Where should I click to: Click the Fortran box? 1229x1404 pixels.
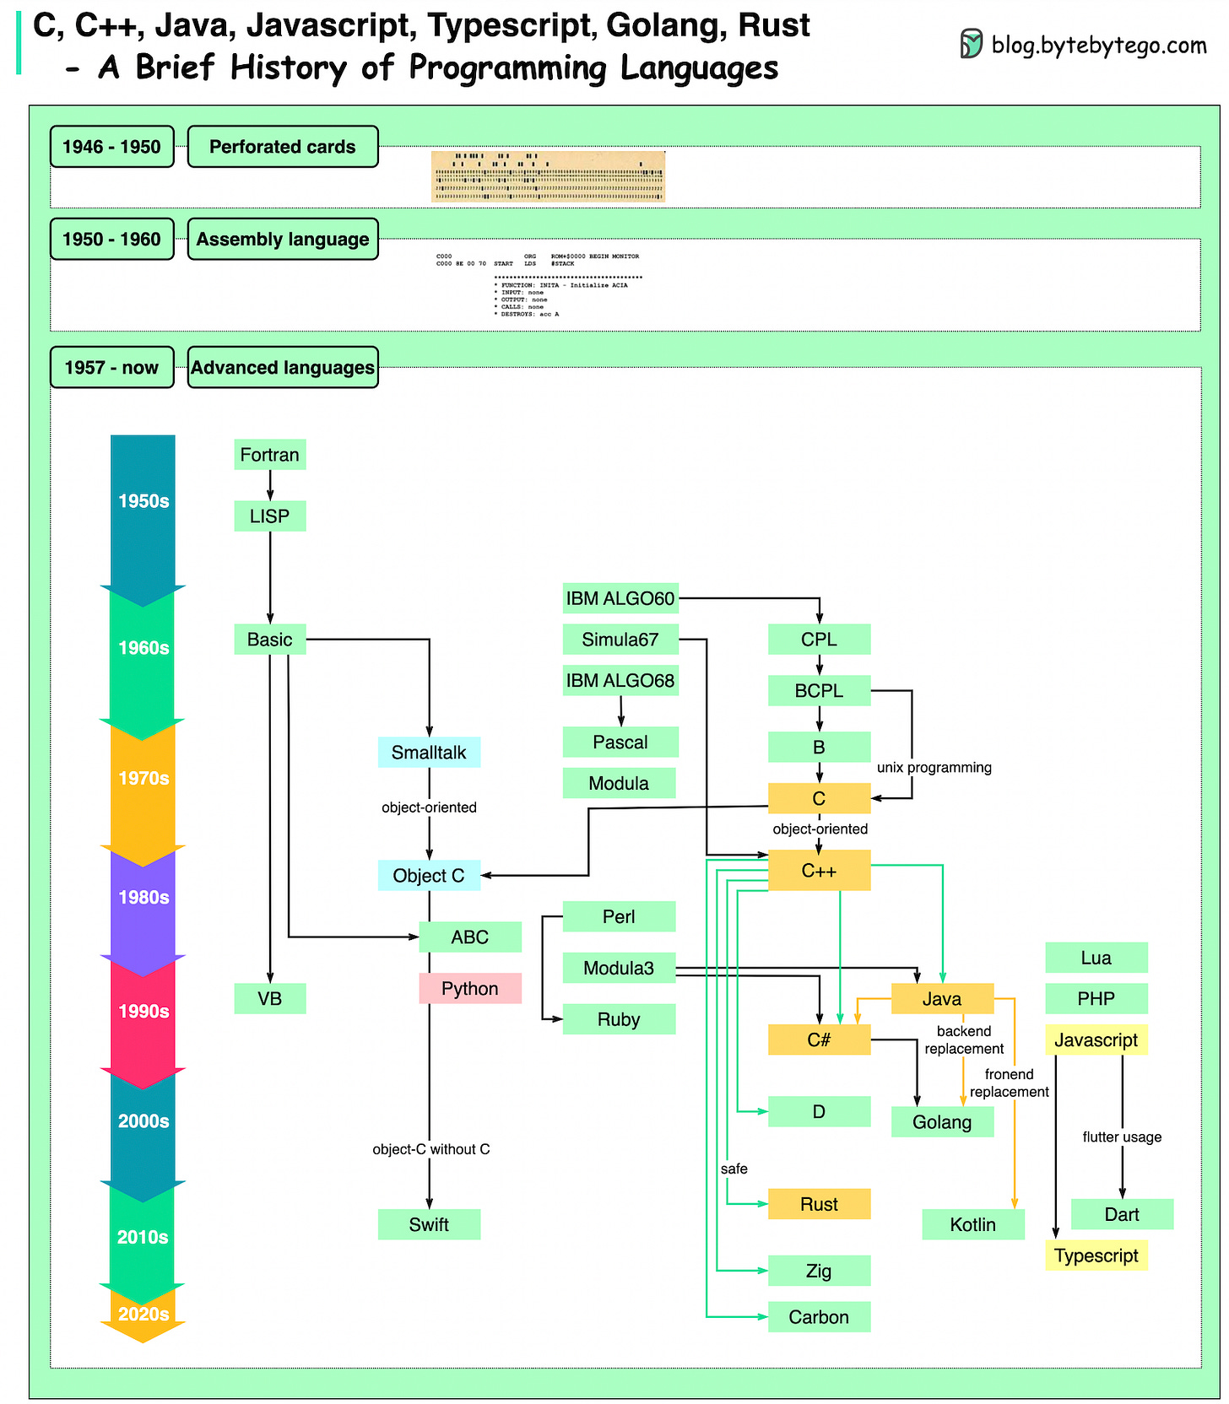[x=269, y=455]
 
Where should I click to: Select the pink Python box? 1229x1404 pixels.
[x=470, y=988]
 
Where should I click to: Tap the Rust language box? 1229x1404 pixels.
[x=819, y=1204]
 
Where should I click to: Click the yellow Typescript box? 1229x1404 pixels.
[x=1096, y=1255]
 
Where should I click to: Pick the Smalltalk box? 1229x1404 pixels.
[x=429, y=752]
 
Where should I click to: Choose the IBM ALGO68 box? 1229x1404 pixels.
[x=620, y=680]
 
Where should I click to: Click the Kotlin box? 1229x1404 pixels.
[x=972, y=1224]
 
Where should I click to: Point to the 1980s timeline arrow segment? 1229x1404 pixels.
[x=143, y=898]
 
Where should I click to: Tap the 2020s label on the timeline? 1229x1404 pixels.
[x=143, y=1314]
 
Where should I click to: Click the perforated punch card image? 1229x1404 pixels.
[x=548, y=176]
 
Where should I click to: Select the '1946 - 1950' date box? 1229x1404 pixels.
[x=111, y=147]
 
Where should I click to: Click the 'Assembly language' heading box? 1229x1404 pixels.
[x=283, y=239]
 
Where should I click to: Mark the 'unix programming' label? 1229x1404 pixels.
[x=934, y=768]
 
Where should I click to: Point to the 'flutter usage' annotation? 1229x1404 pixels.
[x=1122, y=1137]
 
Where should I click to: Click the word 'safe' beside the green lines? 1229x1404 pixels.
[x=734, y=1169]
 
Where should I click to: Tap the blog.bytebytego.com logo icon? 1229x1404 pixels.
[x=971, y=44]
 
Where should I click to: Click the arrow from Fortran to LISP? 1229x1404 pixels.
[x=270, y=485]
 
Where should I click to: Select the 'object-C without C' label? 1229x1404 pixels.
[x=430, y=1149]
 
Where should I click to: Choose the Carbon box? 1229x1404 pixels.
[x=819, y=1317]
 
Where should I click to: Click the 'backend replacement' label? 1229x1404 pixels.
[x=964, y=1039]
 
